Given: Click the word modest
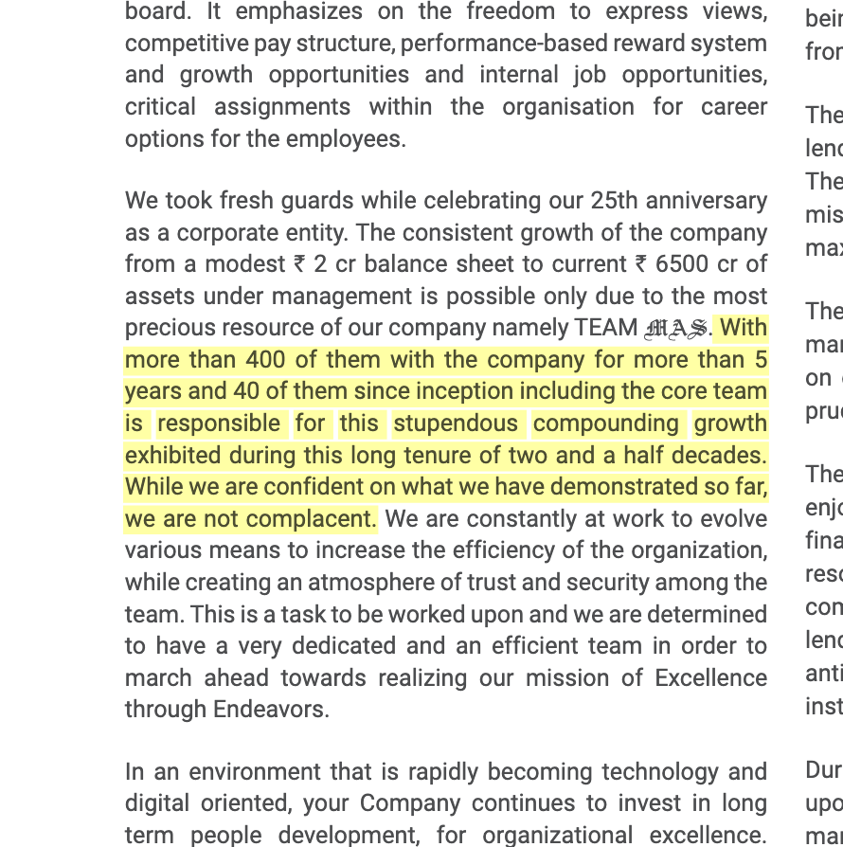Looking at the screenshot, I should [x=256, y=264].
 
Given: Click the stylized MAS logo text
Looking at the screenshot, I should [x=675, y=329].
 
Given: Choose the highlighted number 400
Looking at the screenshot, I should [x=265, y=360].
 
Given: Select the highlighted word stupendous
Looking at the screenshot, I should [x=456, y=423].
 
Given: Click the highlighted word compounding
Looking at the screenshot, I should [x=606, y=423].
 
